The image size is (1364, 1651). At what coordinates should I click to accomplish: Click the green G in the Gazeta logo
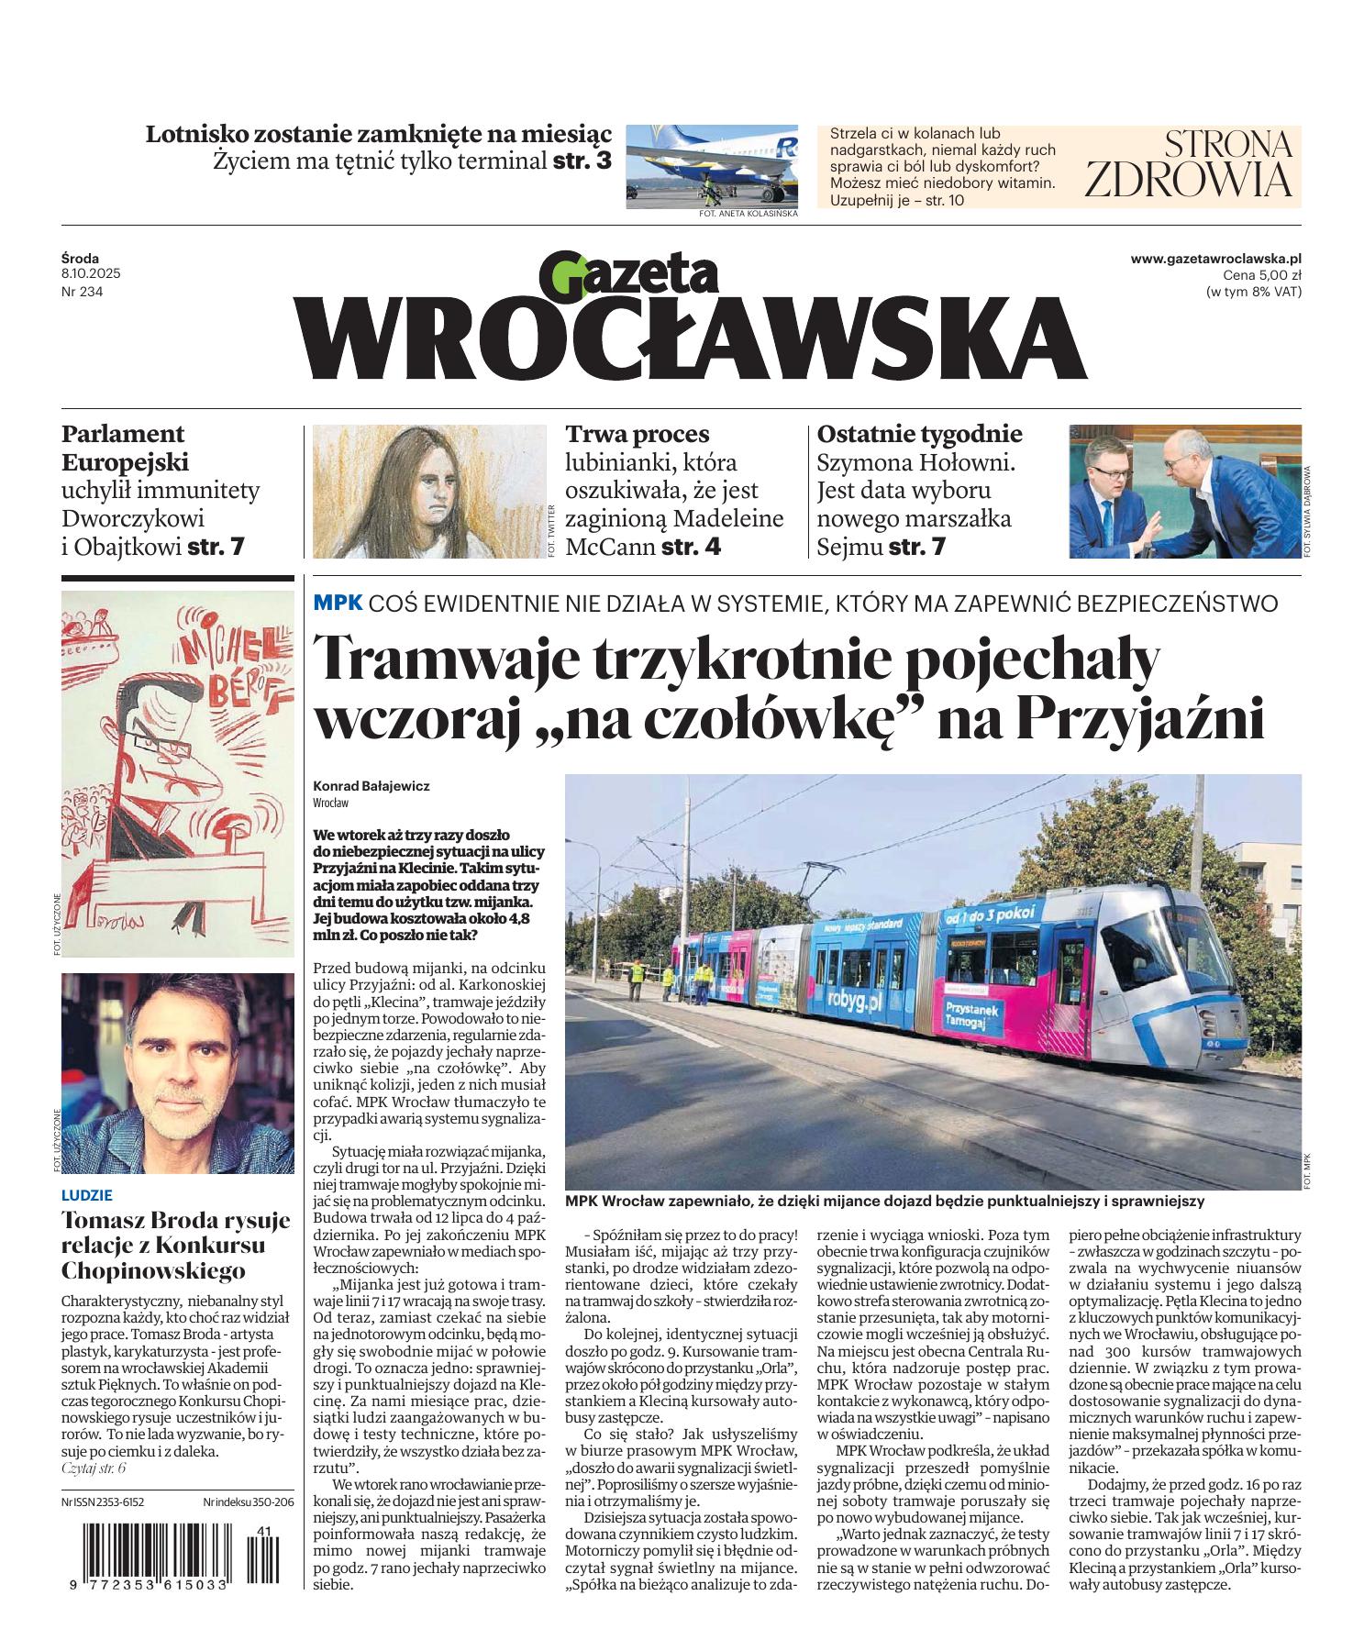560,275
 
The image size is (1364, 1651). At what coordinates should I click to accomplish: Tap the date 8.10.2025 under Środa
91,274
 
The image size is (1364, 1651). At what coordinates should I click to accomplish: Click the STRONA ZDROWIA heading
1188,163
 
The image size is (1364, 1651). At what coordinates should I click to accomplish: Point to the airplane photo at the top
711,164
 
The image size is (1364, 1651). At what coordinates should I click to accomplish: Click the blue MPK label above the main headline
338,603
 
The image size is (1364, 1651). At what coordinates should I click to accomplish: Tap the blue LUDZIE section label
86,1195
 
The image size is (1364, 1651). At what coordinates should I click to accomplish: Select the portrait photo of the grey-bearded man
177,1072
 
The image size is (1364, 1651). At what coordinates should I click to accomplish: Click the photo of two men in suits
1184,491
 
